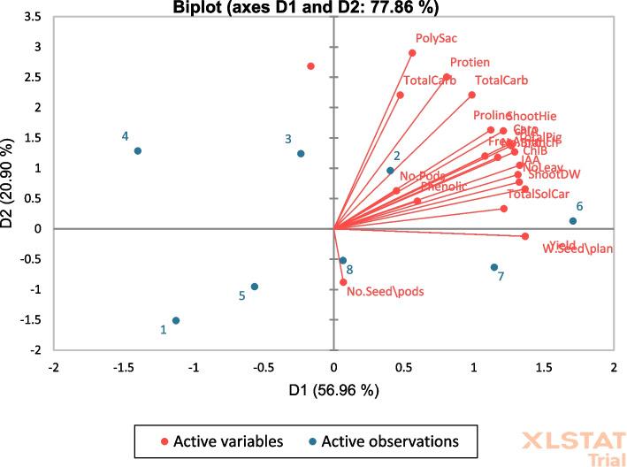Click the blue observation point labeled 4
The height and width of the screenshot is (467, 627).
click(x=138, y=151)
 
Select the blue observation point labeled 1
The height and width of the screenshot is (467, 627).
click(x=176, y=321)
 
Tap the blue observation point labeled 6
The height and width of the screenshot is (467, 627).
click(x=573, y=221)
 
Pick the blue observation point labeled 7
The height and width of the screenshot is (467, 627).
click(x=494, y=267)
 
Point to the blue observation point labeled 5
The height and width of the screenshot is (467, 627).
click(x=255, y=287)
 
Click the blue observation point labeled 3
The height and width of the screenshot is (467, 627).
click(x=301, y=154)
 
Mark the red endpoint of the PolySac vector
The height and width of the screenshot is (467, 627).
click(x=412, y=53)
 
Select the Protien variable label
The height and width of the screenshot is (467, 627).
click(x=470, y=63)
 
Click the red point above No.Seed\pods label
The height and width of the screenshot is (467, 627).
click(x=344, y=282)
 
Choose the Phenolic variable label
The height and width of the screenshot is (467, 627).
click(x=443, y=187)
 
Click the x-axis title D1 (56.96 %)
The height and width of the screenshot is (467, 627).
click(x=333, y=390)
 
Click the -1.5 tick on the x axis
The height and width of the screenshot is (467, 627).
click(x=125, y=366)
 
